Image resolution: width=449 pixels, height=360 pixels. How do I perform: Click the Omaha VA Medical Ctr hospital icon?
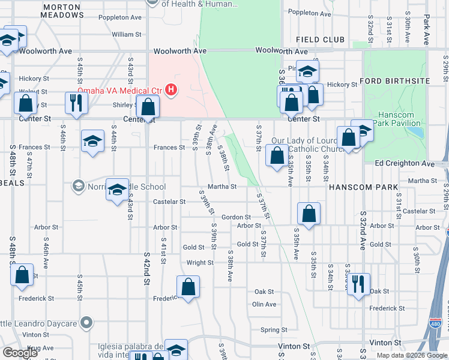coord(171,91)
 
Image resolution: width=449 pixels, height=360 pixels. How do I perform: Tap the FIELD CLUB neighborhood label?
coord(321,40)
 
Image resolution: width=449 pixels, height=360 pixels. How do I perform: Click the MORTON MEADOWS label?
coord(63,10)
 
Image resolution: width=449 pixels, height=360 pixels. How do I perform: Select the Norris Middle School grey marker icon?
coord(77,186)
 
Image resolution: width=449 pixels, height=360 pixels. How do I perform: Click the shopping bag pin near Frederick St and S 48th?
coord(22,274)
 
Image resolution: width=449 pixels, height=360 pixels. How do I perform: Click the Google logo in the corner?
coord(20,353)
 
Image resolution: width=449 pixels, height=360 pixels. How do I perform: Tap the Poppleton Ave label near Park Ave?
coord(309,13)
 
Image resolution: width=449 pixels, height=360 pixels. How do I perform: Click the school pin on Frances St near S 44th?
coord(92,141)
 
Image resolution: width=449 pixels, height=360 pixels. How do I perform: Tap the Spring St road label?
coord(274,330)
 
